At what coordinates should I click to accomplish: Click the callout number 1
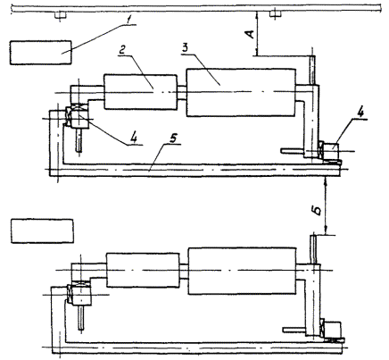tap(128, 20)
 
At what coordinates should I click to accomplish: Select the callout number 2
tap(121, 51)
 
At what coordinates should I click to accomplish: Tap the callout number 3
tap(185, 49)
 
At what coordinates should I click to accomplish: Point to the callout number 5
tap(174, 138)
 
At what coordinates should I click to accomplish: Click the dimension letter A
tap(251, 34)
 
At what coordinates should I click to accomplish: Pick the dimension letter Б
tap(318, 211)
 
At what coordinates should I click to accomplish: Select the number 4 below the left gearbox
tap(135, 138)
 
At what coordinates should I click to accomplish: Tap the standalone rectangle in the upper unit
tap(41, 53)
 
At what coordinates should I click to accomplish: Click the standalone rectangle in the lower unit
tap(42, 231)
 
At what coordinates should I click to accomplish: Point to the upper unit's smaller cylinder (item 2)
tap(140, 92)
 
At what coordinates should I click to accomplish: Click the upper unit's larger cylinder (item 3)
tap(241, 93)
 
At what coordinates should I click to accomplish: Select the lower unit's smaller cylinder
tap(143, 270)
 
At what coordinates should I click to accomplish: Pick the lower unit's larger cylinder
tap(243, 271)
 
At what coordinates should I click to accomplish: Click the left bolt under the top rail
tap(60, 15)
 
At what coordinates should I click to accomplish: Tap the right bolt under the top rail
tap(275, 15)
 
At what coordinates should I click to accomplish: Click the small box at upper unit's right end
tap(331, 151)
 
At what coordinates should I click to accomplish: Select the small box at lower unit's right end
tap(333, 330)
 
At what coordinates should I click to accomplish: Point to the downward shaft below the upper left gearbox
tap(79, 140)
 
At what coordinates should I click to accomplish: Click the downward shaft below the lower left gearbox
tap(81, 318)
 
